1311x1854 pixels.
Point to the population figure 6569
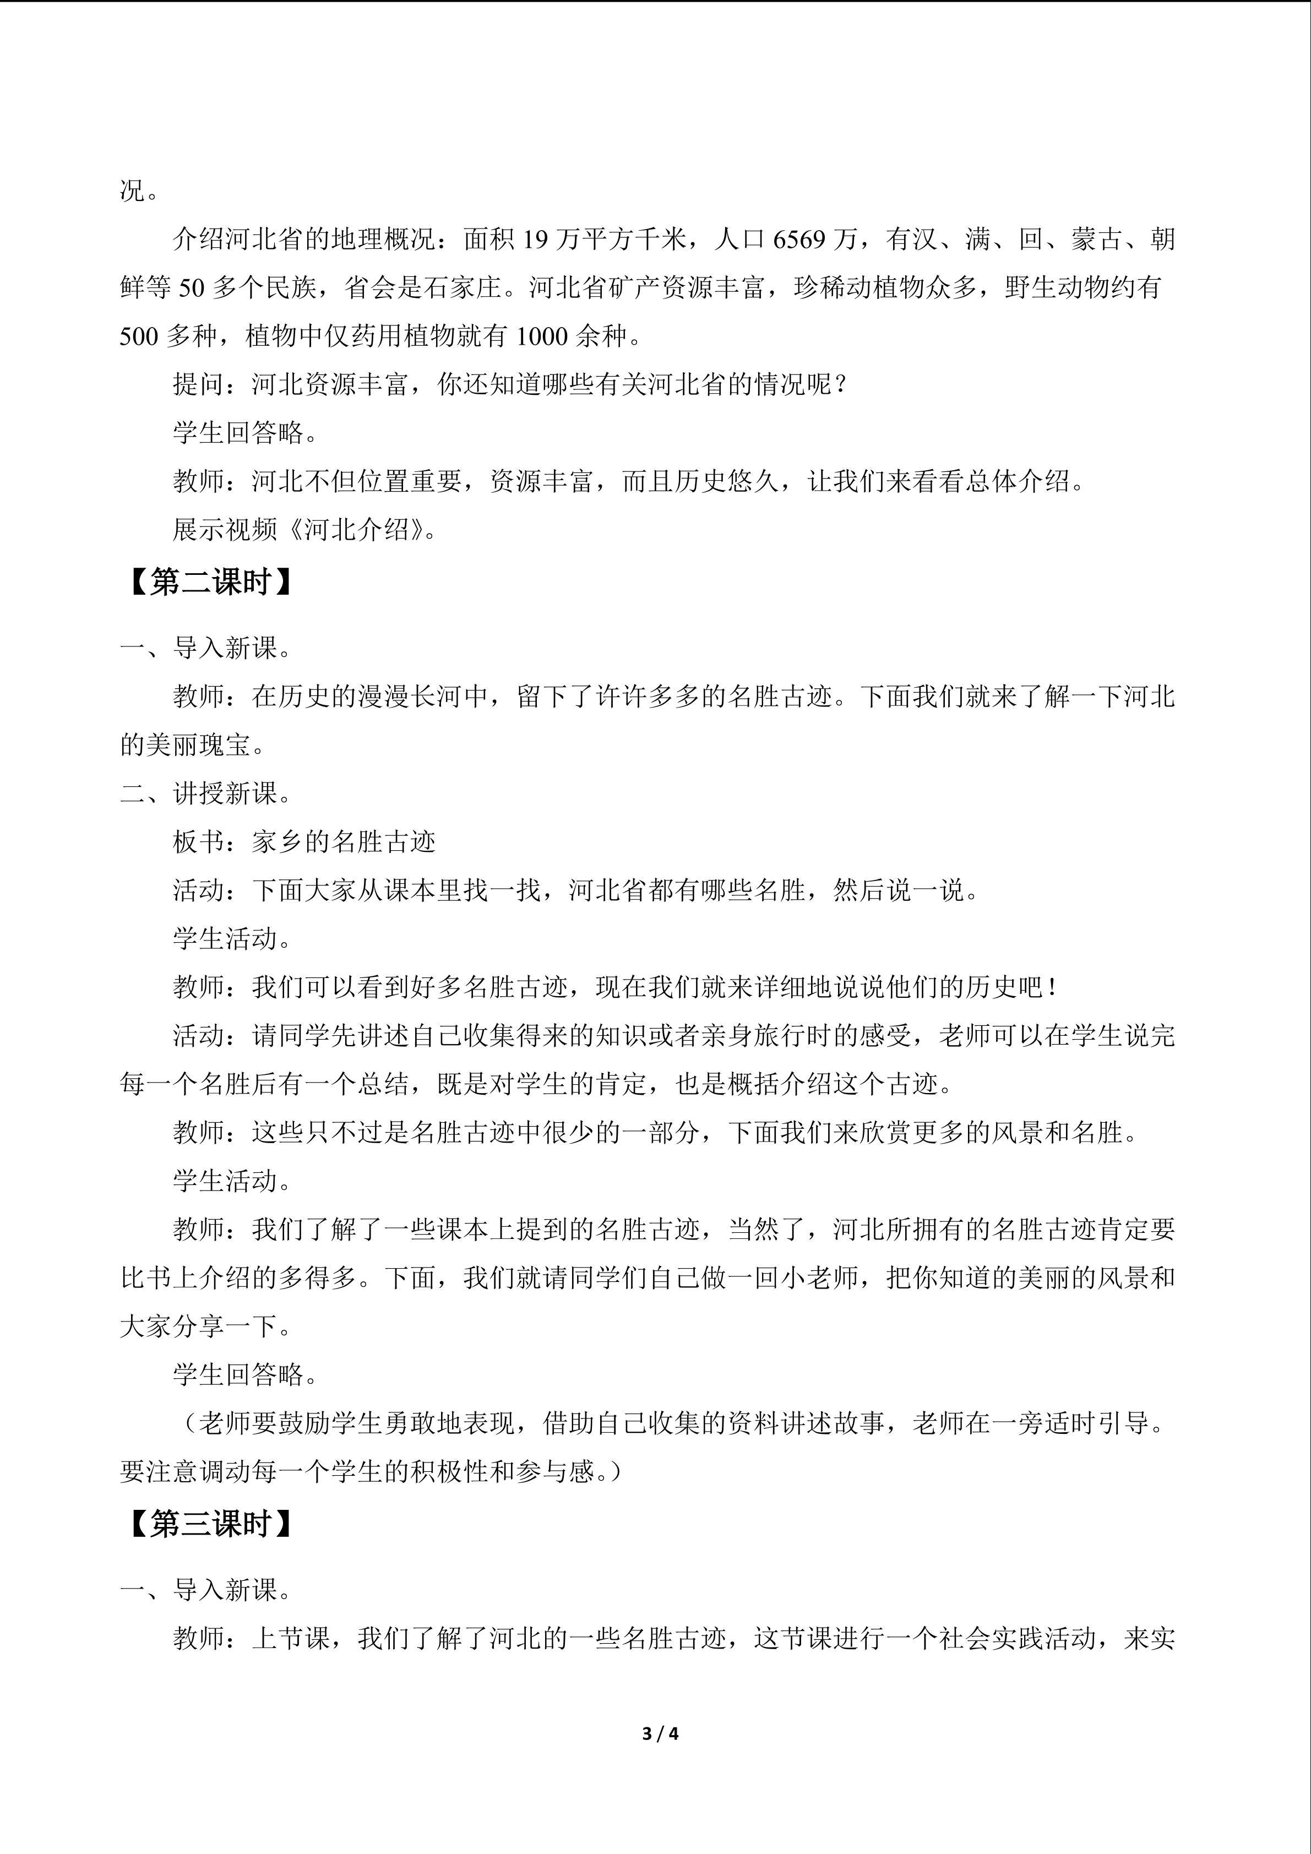coord(799,240)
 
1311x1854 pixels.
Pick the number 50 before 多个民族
coord(191,289)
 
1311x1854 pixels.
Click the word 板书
coord(198,842)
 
